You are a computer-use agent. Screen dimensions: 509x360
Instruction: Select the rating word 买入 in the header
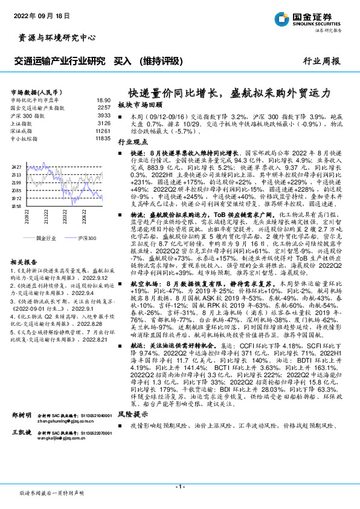(123, 61)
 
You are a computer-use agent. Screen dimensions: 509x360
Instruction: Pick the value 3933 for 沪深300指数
(104, 114)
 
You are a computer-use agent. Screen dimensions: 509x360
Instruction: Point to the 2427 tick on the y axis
(16, 166)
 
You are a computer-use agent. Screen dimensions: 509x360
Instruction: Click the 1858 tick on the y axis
(16, 206)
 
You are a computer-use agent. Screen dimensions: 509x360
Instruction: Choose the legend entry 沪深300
(87, 239)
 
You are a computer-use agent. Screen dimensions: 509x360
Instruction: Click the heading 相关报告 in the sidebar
(24, 261)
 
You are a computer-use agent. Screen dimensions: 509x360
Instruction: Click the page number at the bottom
(179, 487)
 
